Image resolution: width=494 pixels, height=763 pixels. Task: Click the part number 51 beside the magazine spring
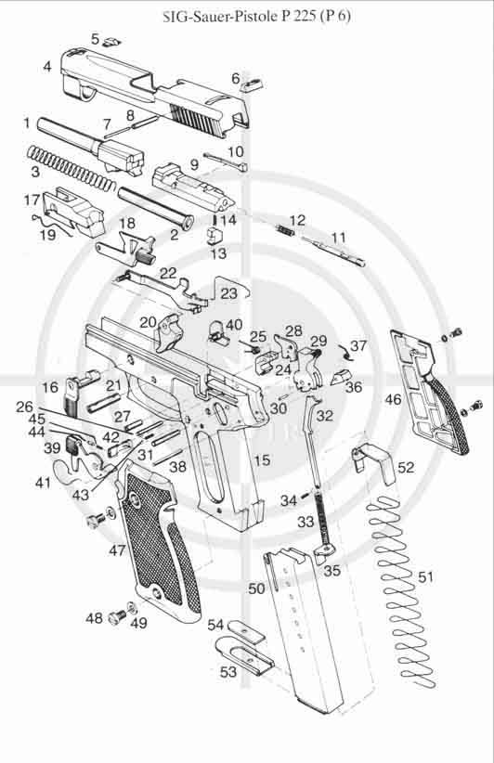tap(425, 577)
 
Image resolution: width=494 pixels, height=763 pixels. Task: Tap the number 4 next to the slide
tap(46, 66)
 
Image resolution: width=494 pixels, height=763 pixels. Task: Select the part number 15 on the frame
tap(262, 459)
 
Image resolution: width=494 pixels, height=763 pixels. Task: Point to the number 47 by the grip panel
tap(117, 550)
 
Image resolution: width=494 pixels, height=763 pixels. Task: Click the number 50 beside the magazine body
tap(256, 588)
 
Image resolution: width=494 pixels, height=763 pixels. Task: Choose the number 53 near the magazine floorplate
tap(228, 671)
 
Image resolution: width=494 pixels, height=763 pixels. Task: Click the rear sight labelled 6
tap(252, 84)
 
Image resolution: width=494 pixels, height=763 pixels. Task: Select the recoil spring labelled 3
tap(70, 168)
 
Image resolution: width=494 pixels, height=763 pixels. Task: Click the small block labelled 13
tap(214, 236)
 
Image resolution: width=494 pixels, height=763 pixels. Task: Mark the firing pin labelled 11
tap(333, 252)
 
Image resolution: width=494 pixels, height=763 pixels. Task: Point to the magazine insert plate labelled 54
tap(246, 629)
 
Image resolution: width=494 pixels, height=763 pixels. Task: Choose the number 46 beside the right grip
tap(394, 400)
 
